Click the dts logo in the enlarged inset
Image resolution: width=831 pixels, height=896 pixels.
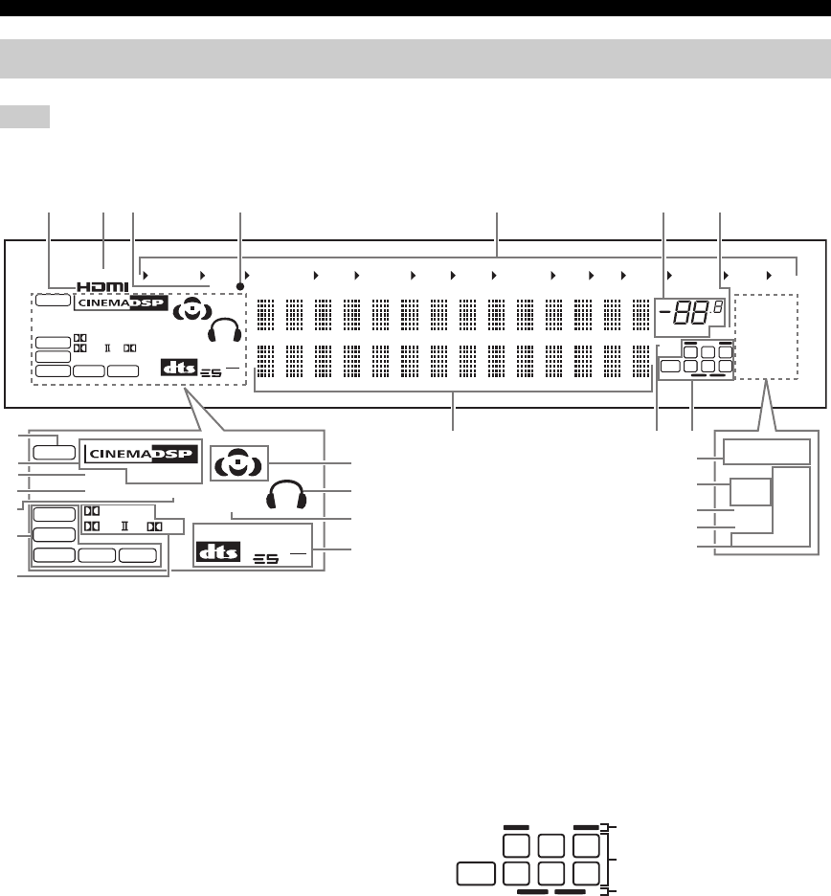[x=216, y=552]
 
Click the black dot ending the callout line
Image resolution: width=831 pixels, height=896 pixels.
[x=241, y=286]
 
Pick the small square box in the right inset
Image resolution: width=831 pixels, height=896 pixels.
[x=751, y=493]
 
